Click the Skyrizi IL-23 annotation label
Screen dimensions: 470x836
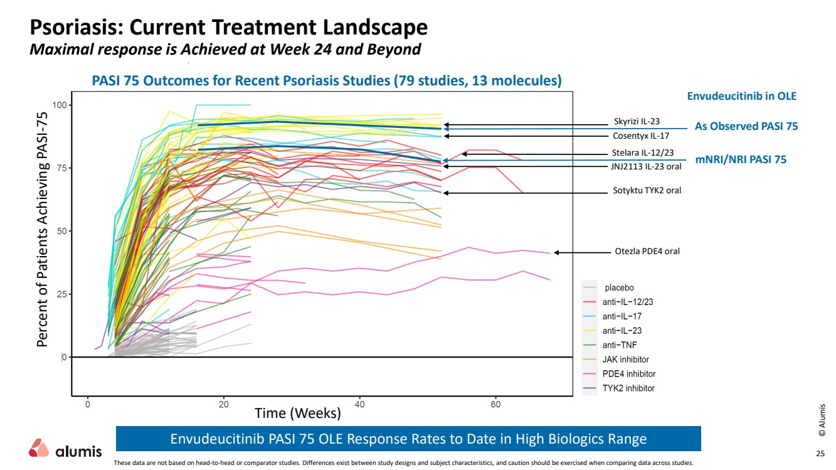637,122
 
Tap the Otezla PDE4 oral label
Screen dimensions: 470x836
647,252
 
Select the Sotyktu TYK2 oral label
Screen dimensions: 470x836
647,190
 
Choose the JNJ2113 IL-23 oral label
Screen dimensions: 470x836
646,166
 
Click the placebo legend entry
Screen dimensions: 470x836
619,287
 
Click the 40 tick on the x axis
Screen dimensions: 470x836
359,405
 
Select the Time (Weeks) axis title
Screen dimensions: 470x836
297,414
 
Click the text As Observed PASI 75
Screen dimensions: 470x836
746,126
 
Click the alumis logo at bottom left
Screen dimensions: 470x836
65,450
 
